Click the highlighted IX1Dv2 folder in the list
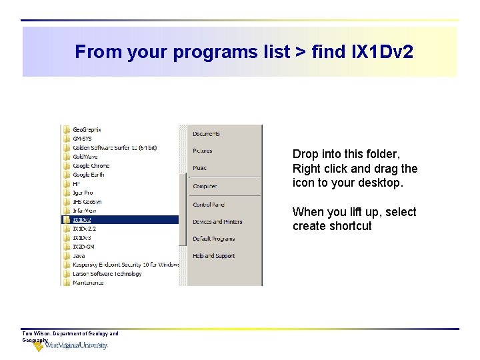pyautogui.click(x=83, y=219)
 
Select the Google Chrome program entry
pyautogui.click(x=91, y=165)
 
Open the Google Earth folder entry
pyautogui.click(x=89, y=175)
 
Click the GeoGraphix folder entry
pyautogui.click(x=87, y=129)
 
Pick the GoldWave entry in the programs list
pyautogui.click(x=85, y=157)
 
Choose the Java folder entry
pyautogui.click(x=79, y=255)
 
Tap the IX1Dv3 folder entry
pyautogui.click(x=82, y=237)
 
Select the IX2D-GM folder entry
pyautogui.click(x=85, y=247)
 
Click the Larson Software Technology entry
pyautogui.click(x=107, y=273)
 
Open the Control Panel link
pyautogui.click(x=209, y=205)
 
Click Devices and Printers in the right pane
pyautogui.click(x=217, y=222)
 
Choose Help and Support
pyautogui.click(x=213, y=256)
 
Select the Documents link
pyautogui.click(x=206, y=134)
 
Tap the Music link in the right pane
pyautogui.click(x=200, y=168)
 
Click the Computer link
pyautogui.click(x=205, y=186)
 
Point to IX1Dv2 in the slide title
pyautogui.click(x=382, y=52)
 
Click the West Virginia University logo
pyautogui.click(x=71, y=345)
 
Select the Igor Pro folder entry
pyautogui.click(x=83, y=193)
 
